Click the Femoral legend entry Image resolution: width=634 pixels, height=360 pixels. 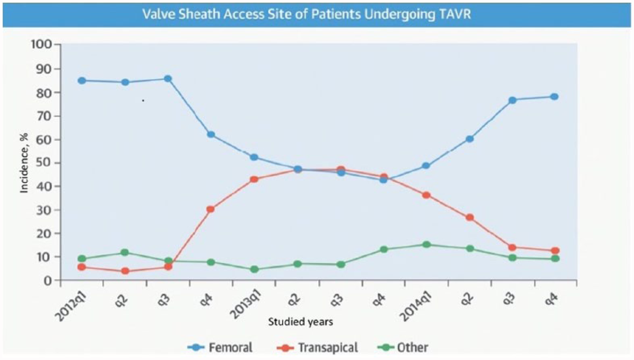pos(220,347)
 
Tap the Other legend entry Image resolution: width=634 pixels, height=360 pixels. pos(403,347)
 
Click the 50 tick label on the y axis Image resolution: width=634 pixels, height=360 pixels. pos(45,163)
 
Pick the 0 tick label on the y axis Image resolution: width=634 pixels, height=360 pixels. pos(48,281)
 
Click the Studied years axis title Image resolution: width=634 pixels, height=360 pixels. pos(301,322)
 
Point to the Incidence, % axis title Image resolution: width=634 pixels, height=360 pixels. pos(24,163)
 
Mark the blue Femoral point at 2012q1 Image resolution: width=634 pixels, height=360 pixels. pos(82,81)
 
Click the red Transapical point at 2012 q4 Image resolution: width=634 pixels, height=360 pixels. pos(211,210)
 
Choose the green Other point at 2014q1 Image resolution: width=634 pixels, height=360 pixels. pos(427,244)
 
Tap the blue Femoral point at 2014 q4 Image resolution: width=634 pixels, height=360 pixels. pos(554,97)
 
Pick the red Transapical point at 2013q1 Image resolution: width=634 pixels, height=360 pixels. pos(254,180)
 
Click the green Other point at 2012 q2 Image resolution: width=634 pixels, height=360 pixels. pos(125,252)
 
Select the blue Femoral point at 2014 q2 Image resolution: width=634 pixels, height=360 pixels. pos(470,139)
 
